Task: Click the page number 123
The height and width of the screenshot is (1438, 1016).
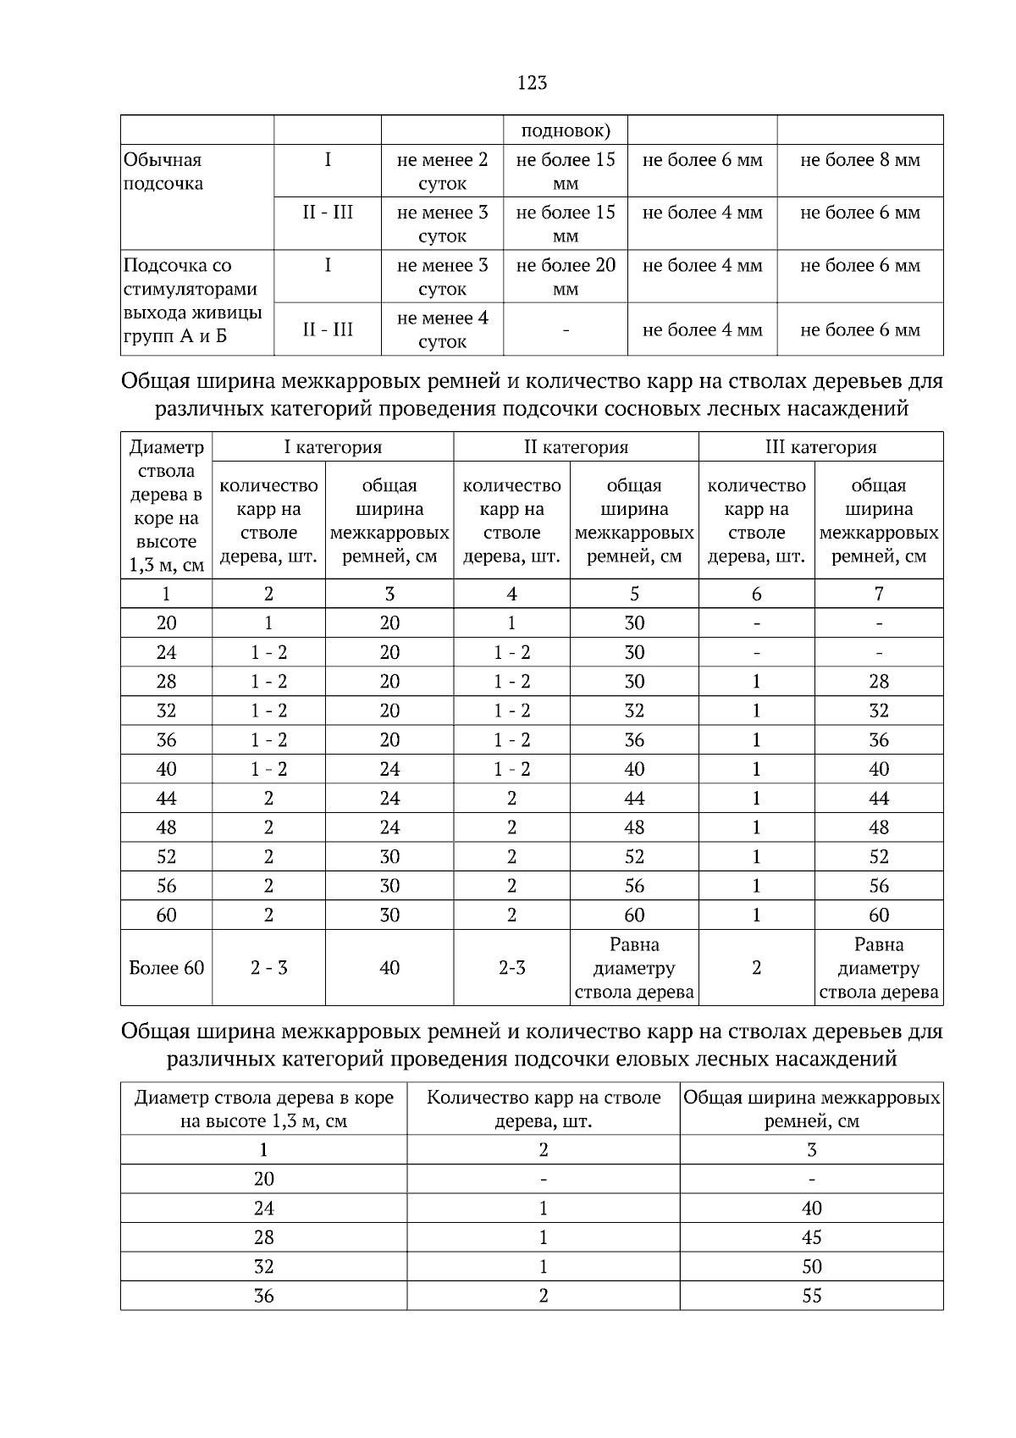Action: coord(532,82)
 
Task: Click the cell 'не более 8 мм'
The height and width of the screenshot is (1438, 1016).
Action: coord(859,160)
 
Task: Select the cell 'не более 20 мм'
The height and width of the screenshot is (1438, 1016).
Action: coord(565,276)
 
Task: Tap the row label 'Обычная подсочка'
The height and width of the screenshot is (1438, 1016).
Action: coord(163,172)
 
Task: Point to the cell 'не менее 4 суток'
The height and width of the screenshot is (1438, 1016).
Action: coord(442,329)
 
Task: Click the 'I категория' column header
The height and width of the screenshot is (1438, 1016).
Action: coord(332,447)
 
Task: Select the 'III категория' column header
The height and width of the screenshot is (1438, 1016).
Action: coord(820,447)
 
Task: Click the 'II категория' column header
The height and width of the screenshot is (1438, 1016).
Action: coord(576,447)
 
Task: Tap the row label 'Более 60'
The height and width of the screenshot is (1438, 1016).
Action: coord(166,968)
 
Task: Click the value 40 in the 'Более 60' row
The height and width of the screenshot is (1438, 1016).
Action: coord(389,968)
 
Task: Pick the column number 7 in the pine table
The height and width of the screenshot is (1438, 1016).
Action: coord(879,594)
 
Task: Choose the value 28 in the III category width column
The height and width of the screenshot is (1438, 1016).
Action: coord(879,682)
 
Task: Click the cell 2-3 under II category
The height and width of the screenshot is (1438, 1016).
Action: coord(511,968)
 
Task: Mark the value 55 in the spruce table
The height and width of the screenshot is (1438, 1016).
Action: coord(811,1296)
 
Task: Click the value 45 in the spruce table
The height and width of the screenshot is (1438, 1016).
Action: coord(811,1237)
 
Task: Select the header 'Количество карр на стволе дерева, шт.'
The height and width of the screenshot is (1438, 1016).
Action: coord(543,1109)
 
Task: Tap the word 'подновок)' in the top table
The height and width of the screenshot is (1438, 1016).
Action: coord(565,130)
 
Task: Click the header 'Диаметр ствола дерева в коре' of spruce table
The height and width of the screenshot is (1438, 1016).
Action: coord(263,1109)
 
